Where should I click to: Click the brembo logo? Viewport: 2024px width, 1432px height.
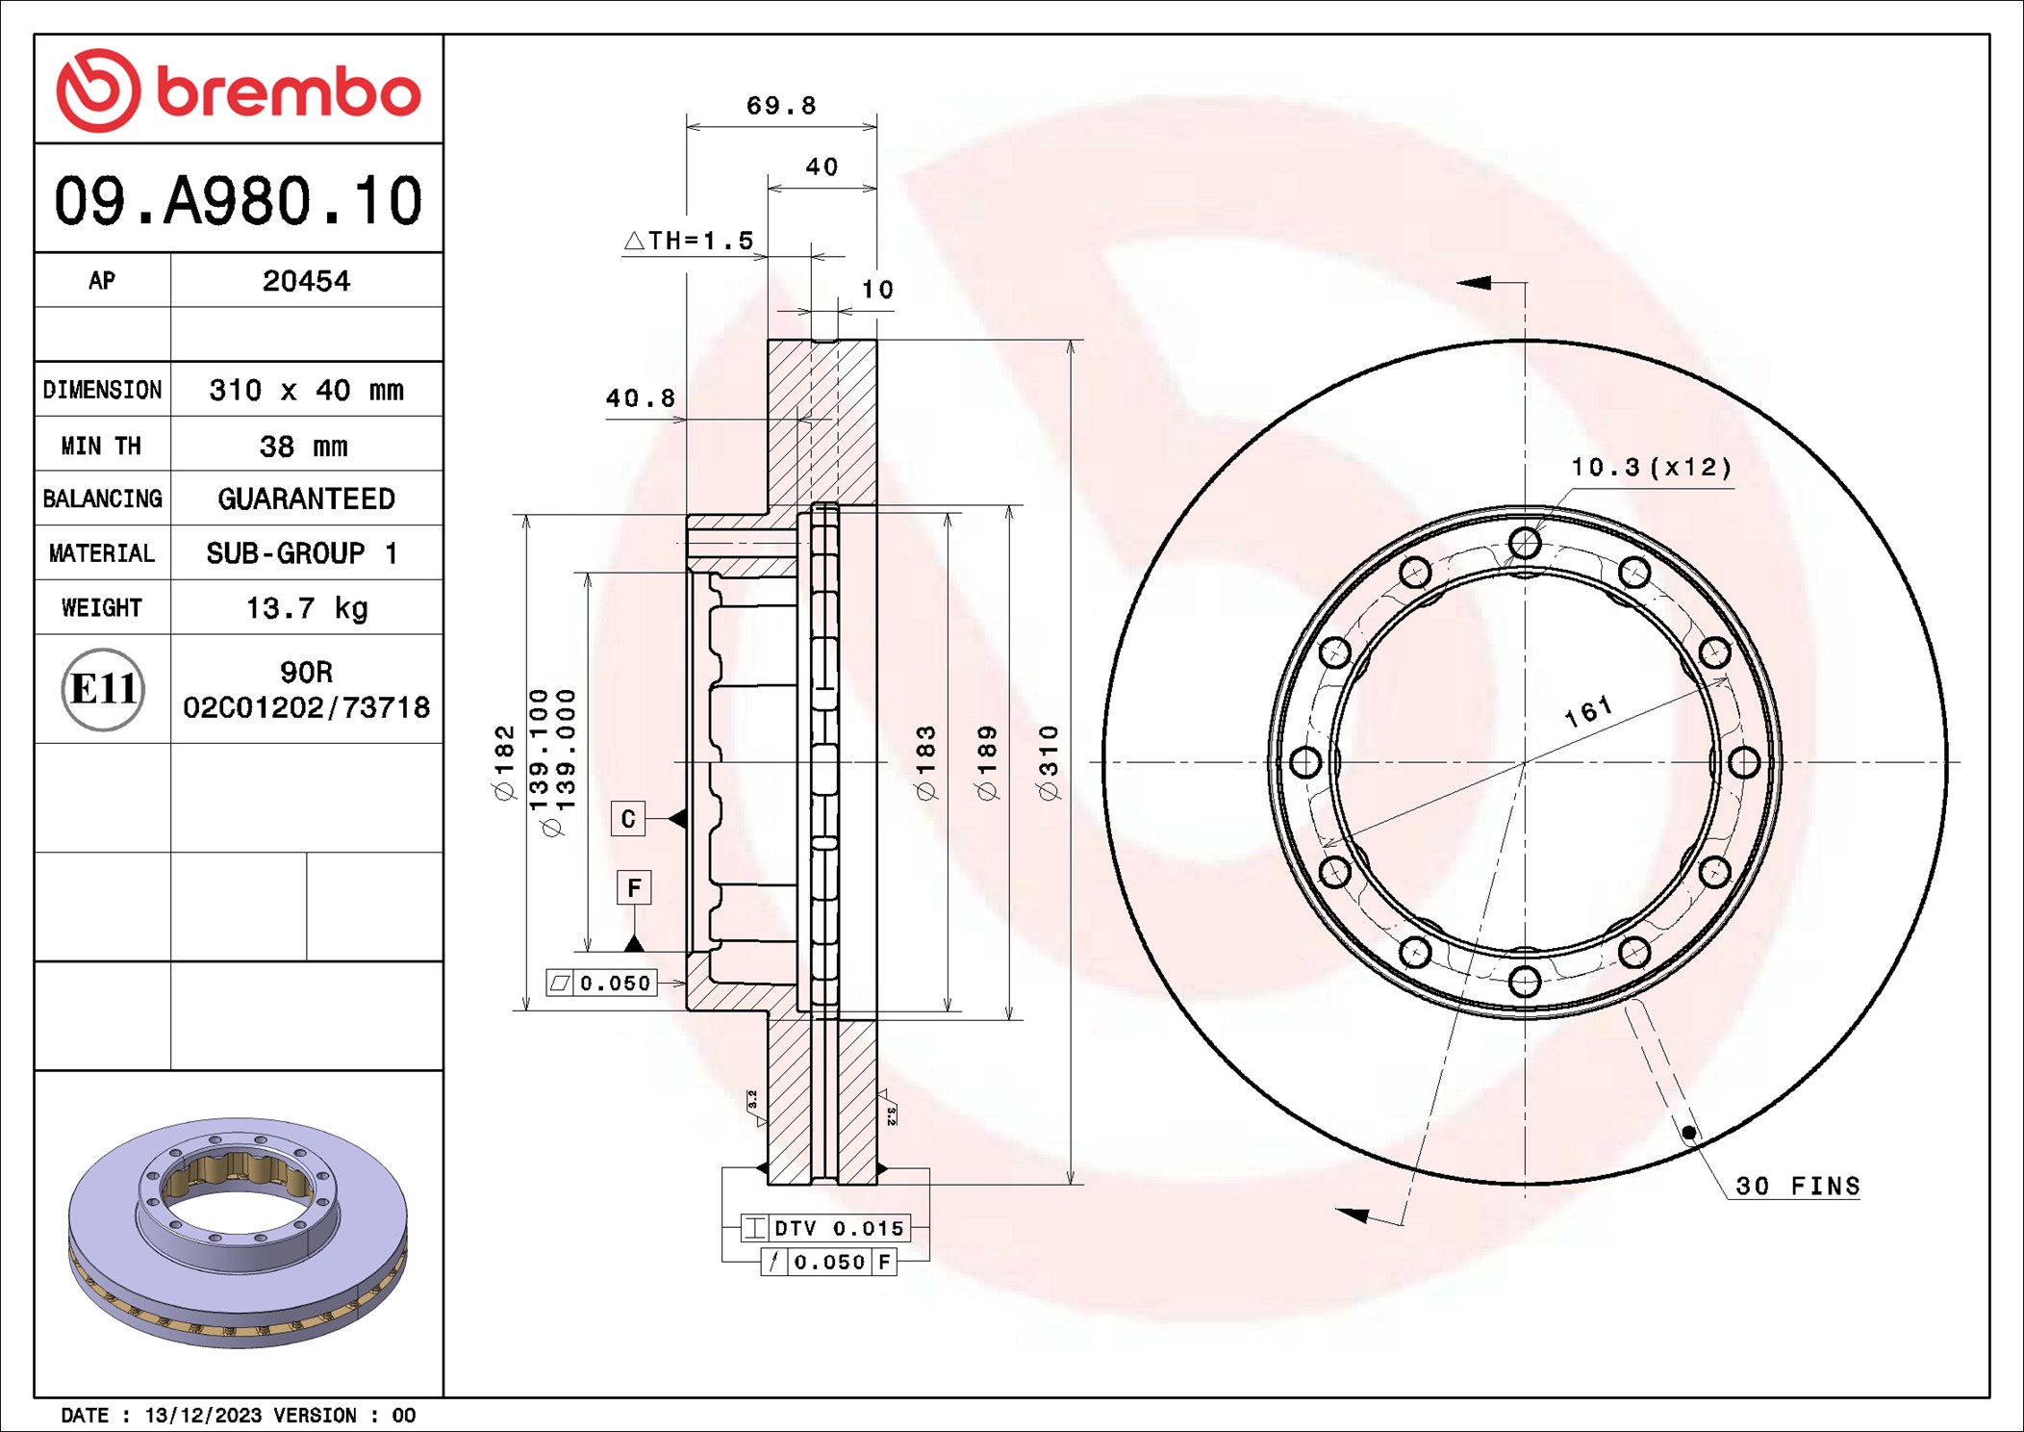point(238,90)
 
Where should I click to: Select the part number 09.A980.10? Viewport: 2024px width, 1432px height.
point(238,201)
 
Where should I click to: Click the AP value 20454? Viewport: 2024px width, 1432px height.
point(306,281)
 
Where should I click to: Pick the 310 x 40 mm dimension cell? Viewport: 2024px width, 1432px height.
point(306,390)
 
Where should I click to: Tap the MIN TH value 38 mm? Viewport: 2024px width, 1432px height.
point(303,446)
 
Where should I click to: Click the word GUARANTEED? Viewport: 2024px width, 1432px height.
point(306,499)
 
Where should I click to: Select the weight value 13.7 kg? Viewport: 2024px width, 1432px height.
point(306,608)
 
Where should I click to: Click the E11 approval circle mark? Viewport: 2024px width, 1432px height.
point(103,689)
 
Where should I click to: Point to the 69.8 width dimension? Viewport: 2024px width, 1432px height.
point(780,105)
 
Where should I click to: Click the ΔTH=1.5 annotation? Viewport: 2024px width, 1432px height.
point(689,241)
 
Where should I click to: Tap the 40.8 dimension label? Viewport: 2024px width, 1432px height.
point(640,397)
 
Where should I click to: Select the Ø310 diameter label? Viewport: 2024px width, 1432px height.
point(1049,762)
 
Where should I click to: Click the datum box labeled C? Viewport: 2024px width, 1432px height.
point(628,819)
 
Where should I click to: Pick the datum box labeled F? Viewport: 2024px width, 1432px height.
point(633,887)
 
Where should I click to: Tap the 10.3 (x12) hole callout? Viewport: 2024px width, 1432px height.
point(1651,468)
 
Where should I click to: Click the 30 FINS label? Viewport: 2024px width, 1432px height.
point(1797,1186)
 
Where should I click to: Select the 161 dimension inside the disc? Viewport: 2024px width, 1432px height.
point(1588,711)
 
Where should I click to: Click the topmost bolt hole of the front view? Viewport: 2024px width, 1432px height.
point(1525,543)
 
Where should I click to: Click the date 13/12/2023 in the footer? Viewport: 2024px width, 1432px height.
point(203,1415)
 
